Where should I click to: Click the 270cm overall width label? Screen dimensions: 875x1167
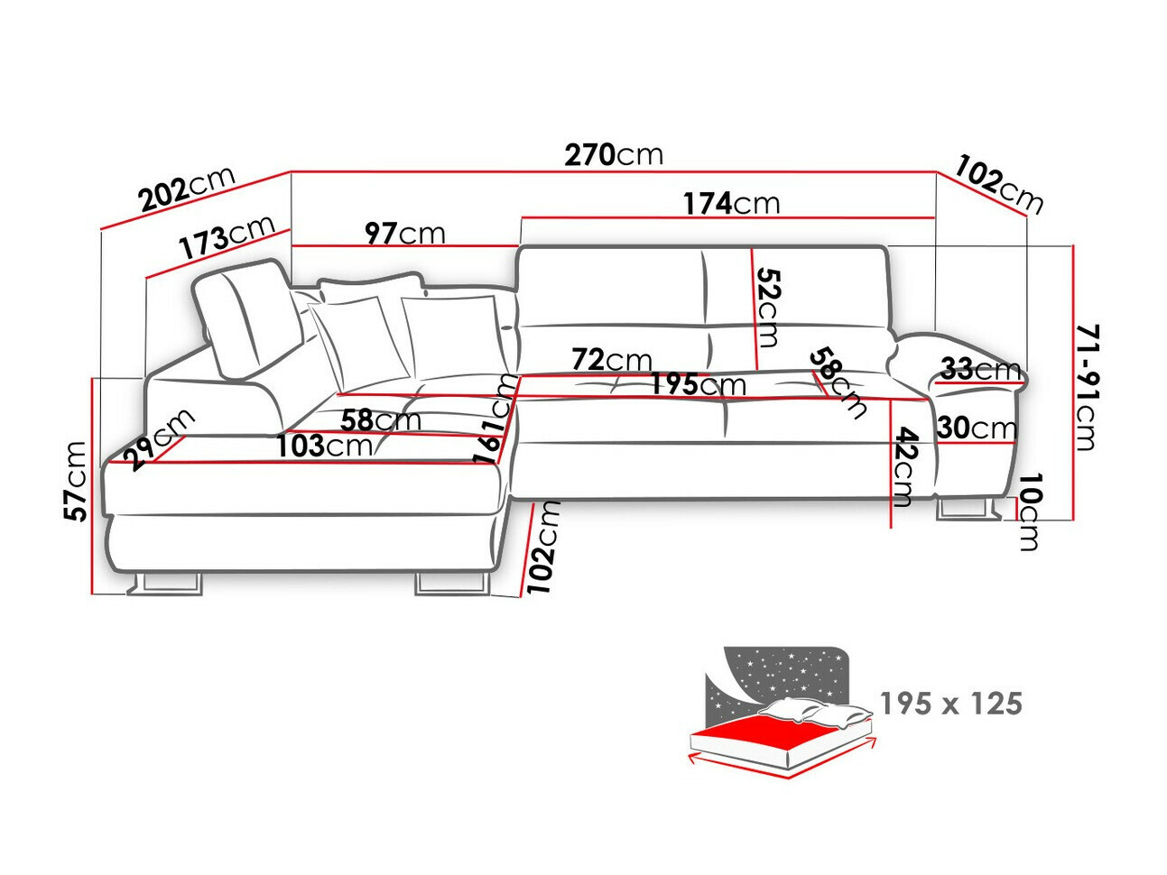[614, 154]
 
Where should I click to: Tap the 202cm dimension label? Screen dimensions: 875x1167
[186, 189]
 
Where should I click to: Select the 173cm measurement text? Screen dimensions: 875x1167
[226, 236]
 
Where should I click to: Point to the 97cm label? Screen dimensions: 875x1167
[404, 233]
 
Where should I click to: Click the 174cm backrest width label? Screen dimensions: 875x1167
[730, 203]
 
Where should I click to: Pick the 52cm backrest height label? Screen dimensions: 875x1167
[767, 307]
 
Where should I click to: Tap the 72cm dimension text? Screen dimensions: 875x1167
[611, 360]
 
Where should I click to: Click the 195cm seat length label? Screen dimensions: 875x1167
[698, 384]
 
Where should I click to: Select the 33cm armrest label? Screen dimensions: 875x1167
[980, 369]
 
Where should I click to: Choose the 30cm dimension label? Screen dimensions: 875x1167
[976, 427]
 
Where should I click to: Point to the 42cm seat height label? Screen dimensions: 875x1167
[903, 466]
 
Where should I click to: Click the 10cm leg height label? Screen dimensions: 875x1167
[1029, 511]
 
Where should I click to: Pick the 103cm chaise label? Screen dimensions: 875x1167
[324, 446]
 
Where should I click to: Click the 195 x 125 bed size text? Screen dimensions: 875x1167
[950, 703]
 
